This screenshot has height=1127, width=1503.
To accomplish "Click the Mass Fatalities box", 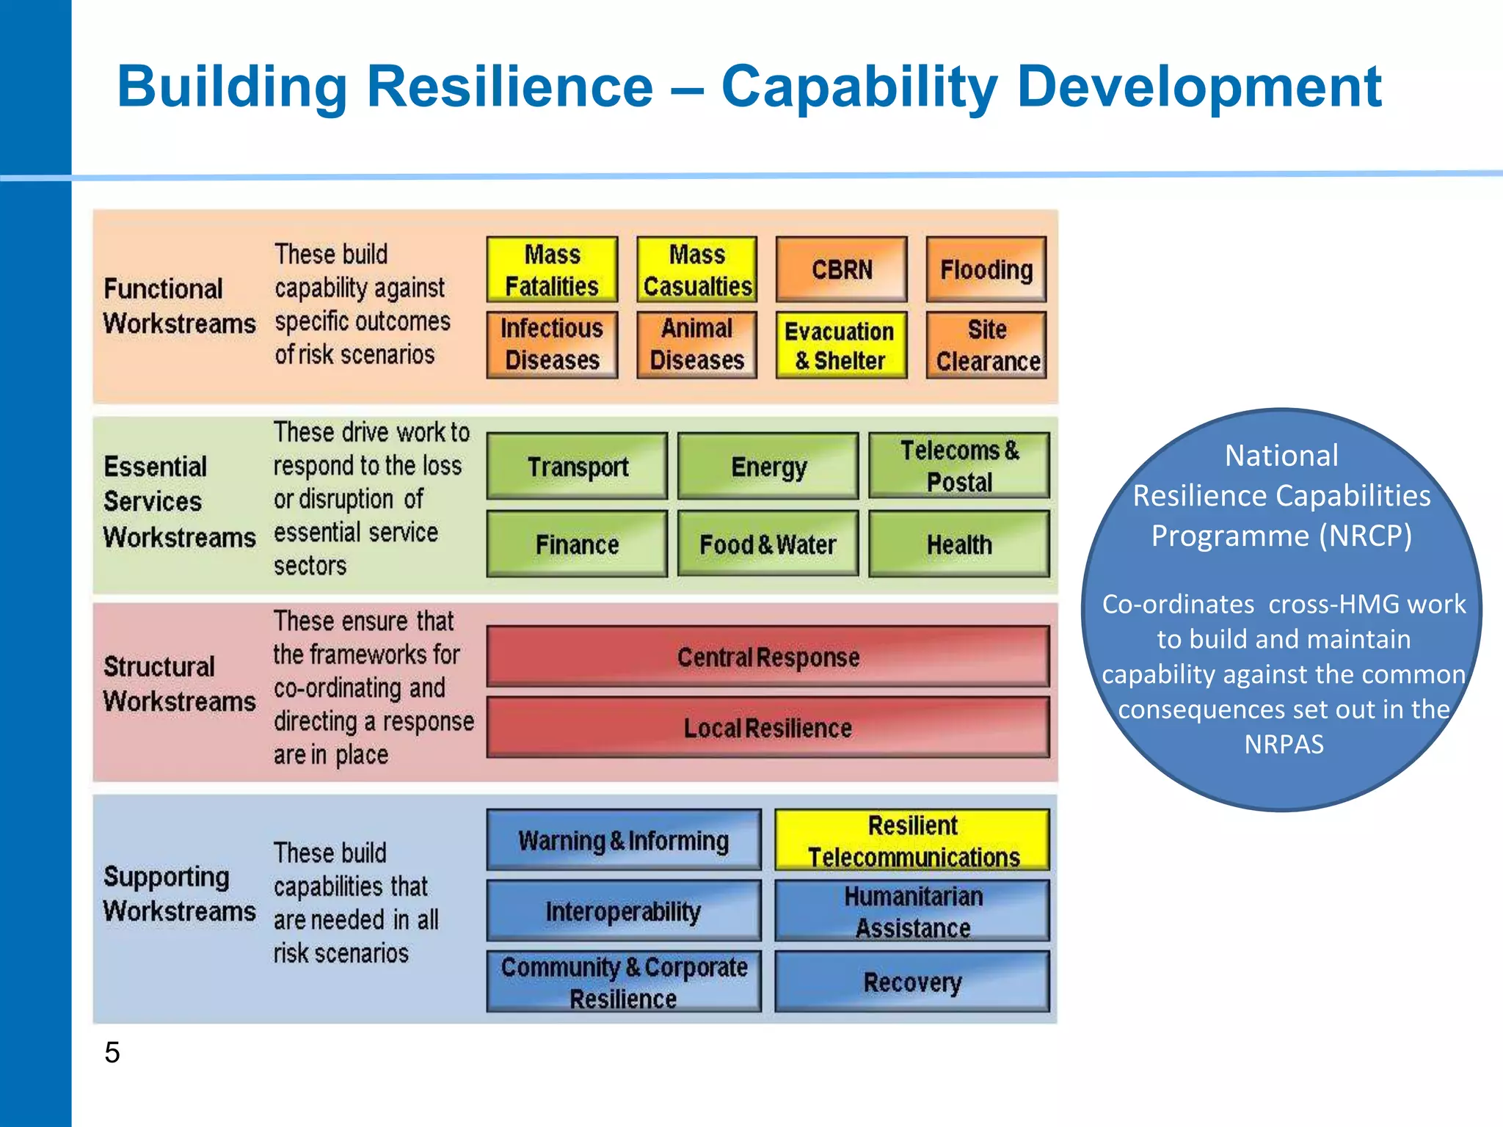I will [x=552, y=269].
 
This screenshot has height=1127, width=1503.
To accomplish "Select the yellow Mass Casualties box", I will [x=696, y=269].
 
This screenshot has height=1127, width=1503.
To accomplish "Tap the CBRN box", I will [x=842, y=269].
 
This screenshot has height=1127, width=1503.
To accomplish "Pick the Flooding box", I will [x=986, y=269].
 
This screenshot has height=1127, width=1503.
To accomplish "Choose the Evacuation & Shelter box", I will [x=841, y=346].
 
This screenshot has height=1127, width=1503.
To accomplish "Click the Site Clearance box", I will [x=986, y=346].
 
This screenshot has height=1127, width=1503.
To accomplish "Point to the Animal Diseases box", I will [x=696, y=345].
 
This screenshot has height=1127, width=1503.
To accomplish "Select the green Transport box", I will [x=578, y=467].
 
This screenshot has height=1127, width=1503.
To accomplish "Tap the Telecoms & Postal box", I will [x=959, y=466].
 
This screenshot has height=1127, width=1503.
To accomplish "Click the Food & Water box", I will [x=768, y=544].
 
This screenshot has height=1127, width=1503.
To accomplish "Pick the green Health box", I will [x=959, y=544].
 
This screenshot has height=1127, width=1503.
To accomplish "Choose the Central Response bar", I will [x=768, y=657].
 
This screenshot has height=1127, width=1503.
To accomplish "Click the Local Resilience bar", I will [x=768, y=728].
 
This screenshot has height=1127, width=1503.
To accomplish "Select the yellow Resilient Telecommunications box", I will [x=912, y=841].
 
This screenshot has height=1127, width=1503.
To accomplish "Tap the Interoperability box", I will [x=623, y=911].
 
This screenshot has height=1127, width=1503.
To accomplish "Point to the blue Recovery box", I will [x=912, y=982].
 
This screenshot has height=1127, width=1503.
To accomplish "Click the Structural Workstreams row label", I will [x=179, y=684].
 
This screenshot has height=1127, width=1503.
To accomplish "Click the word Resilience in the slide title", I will [x=509, y=87].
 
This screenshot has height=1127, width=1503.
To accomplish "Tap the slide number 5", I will [x=112, y=1052].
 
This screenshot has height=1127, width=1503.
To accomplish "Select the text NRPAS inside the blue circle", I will [x=1284, y=744].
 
